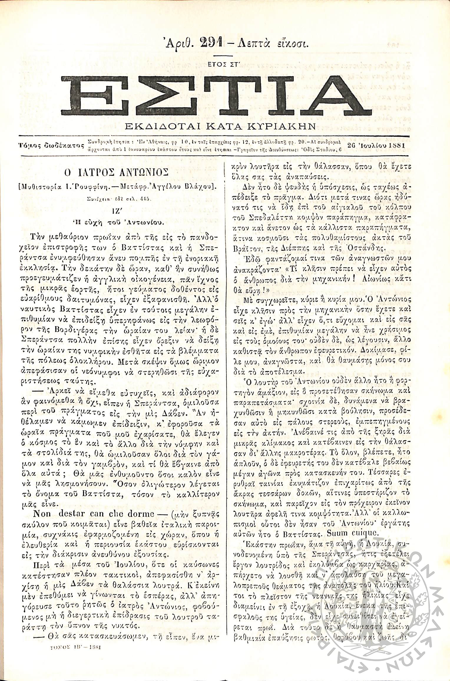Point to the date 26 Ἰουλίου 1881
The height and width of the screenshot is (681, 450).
coord(376,145)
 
